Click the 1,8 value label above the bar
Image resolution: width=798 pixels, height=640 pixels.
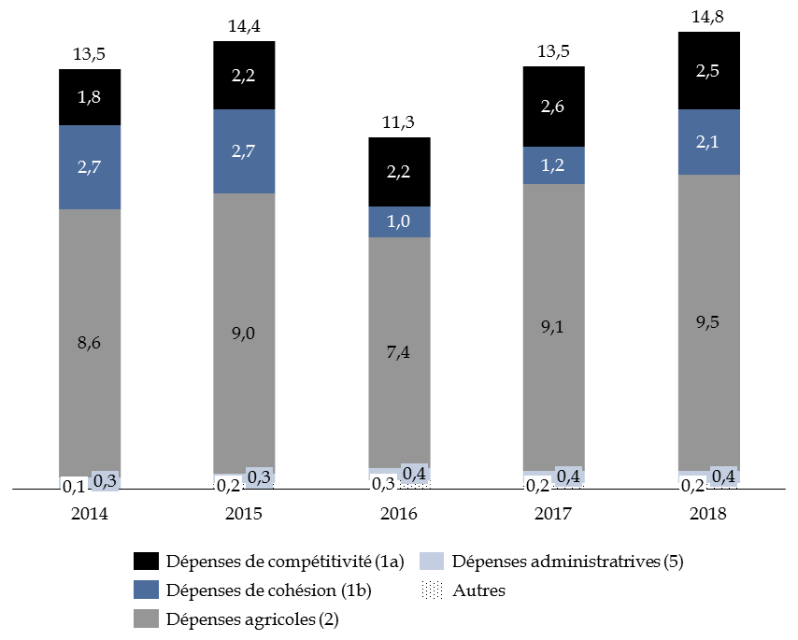90,96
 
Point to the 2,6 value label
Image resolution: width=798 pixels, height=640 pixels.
553,107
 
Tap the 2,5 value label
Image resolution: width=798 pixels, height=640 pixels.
708,71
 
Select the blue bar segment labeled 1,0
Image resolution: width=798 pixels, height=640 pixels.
399,222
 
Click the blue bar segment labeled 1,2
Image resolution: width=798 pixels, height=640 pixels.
553,165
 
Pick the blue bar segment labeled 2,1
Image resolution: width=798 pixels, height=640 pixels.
708,142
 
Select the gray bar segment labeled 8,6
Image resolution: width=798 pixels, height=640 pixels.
90,342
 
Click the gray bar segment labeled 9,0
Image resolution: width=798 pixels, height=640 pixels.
244,332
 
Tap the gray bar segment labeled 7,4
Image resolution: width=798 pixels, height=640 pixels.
399,352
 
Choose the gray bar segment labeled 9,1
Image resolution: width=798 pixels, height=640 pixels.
553,327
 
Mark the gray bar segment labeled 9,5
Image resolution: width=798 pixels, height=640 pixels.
708,322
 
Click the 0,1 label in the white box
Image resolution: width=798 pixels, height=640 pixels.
73,487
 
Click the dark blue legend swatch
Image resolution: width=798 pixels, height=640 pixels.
146,590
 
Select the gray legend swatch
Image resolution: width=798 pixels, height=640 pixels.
146,619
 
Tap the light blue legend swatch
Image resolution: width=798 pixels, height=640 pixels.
432,562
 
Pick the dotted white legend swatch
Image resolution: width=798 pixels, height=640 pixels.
432,590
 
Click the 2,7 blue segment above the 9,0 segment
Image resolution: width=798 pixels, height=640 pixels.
244,151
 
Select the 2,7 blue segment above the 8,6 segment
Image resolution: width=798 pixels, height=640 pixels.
90,167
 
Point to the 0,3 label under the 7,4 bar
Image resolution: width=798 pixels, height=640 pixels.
383,485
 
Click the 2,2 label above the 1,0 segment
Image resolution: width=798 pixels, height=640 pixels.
399,172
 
